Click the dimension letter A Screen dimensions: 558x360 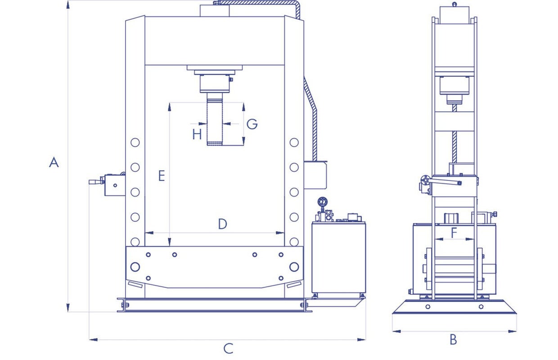click(54, 162)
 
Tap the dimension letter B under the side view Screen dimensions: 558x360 click(453, 339)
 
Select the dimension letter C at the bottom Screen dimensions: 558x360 click(229, 348)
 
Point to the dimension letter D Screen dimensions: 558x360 click(222, 224)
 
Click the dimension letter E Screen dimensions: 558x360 click(162, 175)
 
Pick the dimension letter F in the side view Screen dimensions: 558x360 click(454, 233)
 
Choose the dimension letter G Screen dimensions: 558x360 click(252, 124)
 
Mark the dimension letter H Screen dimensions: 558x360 click(197, 135)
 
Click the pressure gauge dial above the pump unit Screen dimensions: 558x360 click(323, 201)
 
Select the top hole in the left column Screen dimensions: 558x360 click(135, 143)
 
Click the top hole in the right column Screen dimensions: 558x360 click(294, 143)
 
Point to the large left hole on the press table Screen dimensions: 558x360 click(135, 267)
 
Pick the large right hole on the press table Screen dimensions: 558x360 click(294, 267)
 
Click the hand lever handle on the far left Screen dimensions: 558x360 click(94, 182)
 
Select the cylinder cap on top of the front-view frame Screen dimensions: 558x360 click(215, 11)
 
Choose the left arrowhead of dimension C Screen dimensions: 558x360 click(93, 339)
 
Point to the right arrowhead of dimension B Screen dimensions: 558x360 click(512, 331)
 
